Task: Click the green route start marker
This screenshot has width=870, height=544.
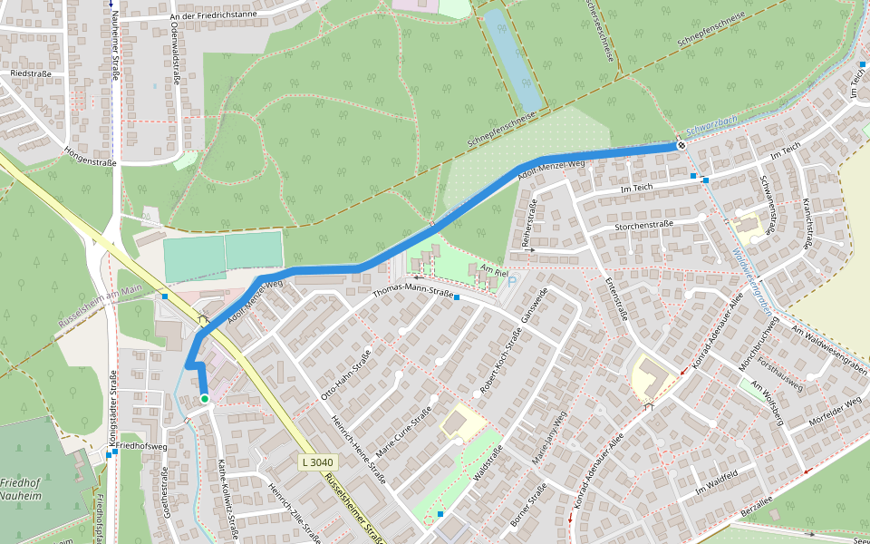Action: click(x=205, y=399)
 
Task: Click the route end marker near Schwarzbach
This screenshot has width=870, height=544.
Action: click(x=681, y=145)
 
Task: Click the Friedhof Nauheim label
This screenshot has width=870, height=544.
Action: click(x=21, y=490)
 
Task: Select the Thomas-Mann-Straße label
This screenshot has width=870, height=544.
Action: click(x=412, y=292)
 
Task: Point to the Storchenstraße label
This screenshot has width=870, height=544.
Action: click(x=643, y=224)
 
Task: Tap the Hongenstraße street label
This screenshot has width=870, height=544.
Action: click(x=91, y=155)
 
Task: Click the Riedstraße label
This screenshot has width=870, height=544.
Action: click(x=30, y=73)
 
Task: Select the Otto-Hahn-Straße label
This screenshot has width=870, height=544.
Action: click(x=345, y=374)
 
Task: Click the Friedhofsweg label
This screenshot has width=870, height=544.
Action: click(x=142, y=447)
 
